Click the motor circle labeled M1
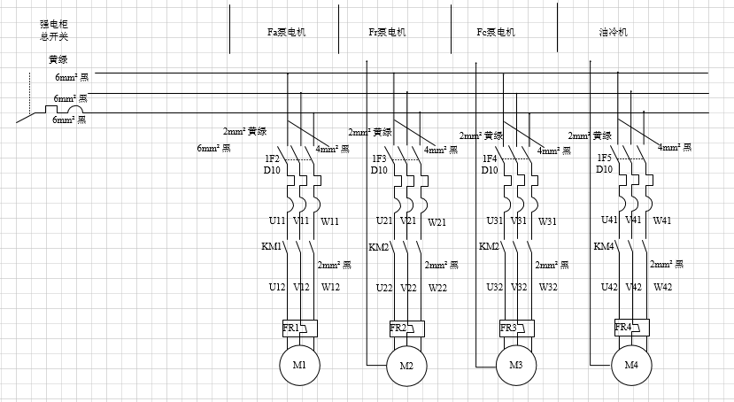click(299, 365)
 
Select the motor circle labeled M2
click(406, 366)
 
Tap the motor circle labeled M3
click(515, 366)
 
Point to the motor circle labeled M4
click(630, 365)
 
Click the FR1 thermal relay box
click(299, 328)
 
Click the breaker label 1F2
click(272, 159)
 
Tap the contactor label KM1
click(271, 247)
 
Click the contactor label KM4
click(604, 247)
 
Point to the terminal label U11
click(277, 221)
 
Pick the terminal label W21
click(438, 221)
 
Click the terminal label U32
click(494, 288)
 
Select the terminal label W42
click(663, 287)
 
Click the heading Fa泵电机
click(286, 32)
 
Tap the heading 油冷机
click(613, 32)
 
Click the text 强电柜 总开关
click(53, 31)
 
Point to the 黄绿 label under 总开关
click(58, 60)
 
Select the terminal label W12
click(330, 287)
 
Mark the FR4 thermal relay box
click(630, 328)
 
